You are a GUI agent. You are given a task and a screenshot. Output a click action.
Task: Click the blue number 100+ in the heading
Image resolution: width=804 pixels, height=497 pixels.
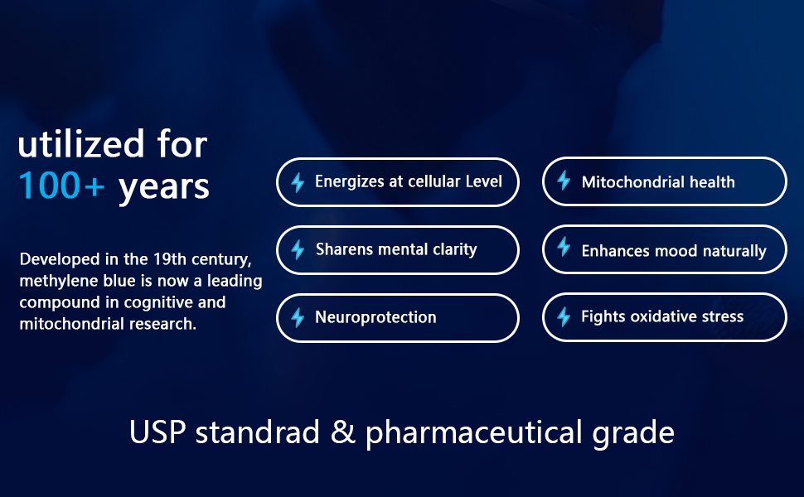61,185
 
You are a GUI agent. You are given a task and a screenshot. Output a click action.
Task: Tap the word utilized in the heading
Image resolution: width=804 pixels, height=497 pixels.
81,143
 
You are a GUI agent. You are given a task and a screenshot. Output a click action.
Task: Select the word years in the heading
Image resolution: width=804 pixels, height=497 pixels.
163,187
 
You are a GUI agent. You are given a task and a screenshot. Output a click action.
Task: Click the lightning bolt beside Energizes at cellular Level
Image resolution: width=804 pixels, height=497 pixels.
298,182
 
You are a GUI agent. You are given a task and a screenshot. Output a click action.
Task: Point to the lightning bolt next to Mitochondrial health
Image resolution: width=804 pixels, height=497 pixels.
564,181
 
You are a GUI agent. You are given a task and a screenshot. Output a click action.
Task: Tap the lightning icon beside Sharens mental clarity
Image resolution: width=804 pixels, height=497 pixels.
298,250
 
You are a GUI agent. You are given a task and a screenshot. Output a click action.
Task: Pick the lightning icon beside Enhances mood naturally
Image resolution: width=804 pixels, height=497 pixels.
564,247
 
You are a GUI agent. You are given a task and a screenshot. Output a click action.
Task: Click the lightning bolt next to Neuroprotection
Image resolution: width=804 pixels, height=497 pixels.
298,318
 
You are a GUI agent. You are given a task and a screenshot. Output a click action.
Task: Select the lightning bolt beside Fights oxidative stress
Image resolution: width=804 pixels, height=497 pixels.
564,316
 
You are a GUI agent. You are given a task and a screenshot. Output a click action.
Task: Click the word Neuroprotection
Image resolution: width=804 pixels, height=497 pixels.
375,318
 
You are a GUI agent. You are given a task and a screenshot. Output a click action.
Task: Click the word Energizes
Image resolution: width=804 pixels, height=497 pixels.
350,182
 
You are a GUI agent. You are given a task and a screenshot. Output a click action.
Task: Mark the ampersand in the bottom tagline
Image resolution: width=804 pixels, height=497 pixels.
342,432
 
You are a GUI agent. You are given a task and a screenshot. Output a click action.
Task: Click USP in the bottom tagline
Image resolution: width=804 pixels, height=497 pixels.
157,432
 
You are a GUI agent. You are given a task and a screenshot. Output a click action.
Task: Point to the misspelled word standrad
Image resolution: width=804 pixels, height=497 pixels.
258,432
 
